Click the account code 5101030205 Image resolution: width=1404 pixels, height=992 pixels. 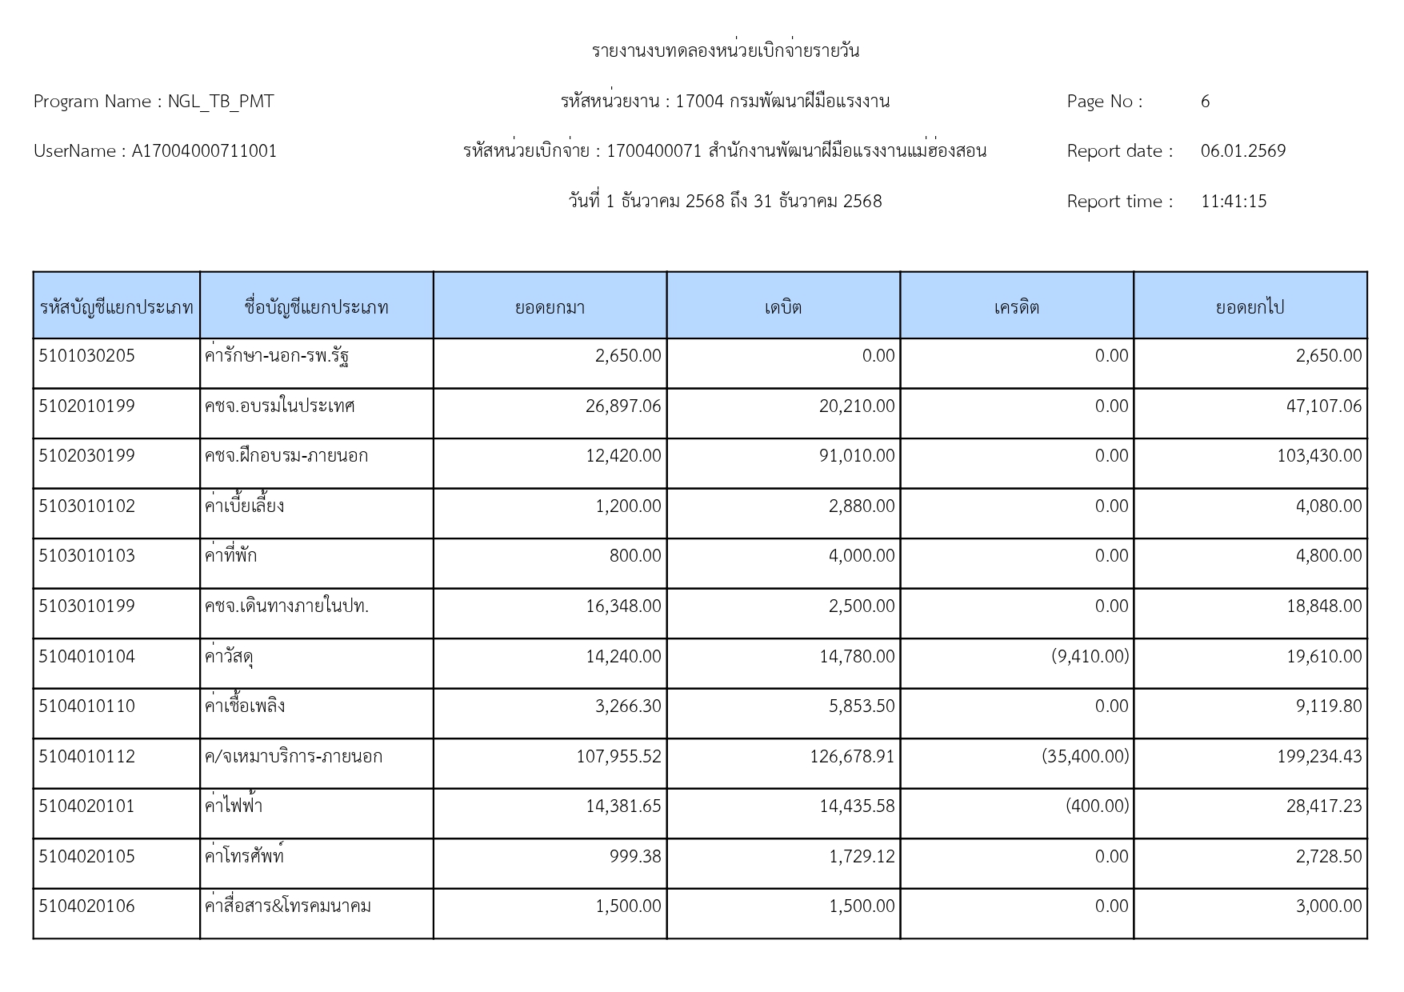tap(87, 356)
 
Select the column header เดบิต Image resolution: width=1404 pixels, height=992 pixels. tap(782, 307)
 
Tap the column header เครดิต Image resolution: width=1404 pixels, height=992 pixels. tap(1016, 307)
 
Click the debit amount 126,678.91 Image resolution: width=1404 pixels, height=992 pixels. tap(852, 757)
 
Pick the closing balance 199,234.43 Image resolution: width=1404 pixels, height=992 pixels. tap(1319, 757)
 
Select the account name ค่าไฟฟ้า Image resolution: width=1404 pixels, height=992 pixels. tap(234, 806)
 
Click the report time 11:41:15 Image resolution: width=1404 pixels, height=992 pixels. tap(1234, 202)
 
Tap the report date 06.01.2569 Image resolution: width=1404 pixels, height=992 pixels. tap(1243, 151)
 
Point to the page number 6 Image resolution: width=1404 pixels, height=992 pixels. tap(1205, 102)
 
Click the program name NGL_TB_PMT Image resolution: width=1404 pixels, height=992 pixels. tap(221, 102)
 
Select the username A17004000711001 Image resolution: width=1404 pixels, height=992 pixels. tap(204, 151)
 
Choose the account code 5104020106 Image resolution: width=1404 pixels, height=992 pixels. tap(87, 906)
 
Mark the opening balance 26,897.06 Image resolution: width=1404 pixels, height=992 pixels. tap(623, 406)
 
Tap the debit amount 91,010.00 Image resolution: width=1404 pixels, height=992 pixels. tap(857, 456)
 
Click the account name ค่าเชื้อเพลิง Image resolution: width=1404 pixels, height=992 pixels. tap(245, 706)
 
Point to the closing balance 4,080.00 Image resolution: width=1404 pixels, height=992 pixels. tap(1329, 506)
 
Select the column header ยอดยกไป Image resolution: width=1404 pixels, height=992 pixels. tap(1250, 307)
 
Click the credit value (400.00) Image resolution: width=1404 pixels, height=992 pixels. tap(1097, 806)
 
